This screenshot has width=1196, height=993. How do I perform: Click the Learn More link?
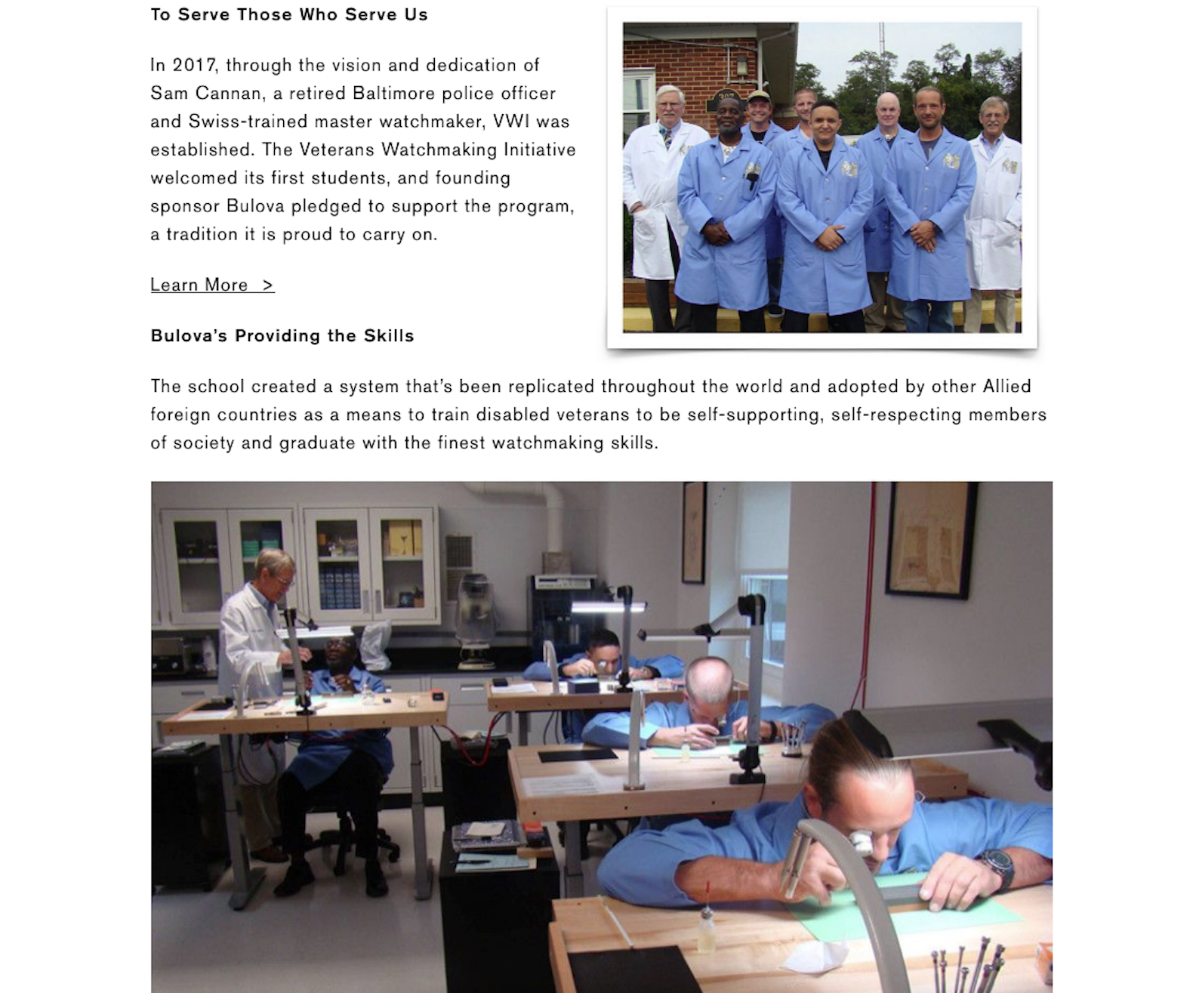click(x=212, y=285)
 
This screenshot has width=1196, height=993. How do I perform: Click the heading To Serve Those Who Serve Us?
click(x=289, y=14)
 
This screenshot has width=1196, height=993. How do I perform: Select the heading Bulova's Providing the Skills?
click(x=282, y=336)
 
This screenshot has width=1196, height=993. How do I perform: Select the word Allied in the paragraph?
click(x=1007, y=386)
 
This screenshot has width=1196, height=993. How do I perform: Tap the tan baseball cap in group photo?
click(x=759, y=96)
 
